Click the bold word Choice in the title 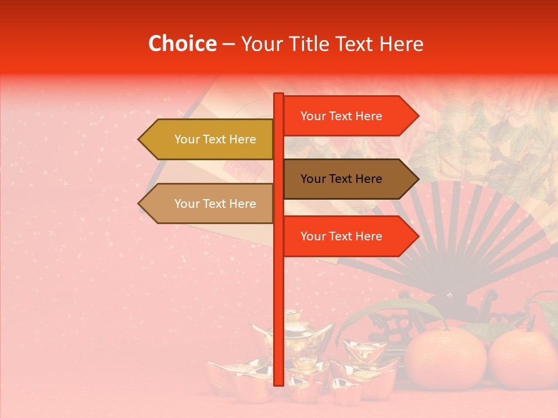(x=182, y=44)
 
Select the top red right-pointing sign (x=349, y=116)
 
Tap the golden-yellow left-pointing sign (x=209, y=139)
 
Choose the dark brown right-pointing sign (x=349, y=179)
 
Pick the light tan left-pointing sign (x=209, y=204)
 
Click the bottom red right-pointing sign (x=349, y=236)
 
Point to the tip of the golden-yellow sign (x=140, y=139)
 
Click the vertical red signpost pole (x=278, y=290)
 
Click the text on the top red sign (x=341, y=116)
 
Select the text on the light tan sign (x=215, y=204)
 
